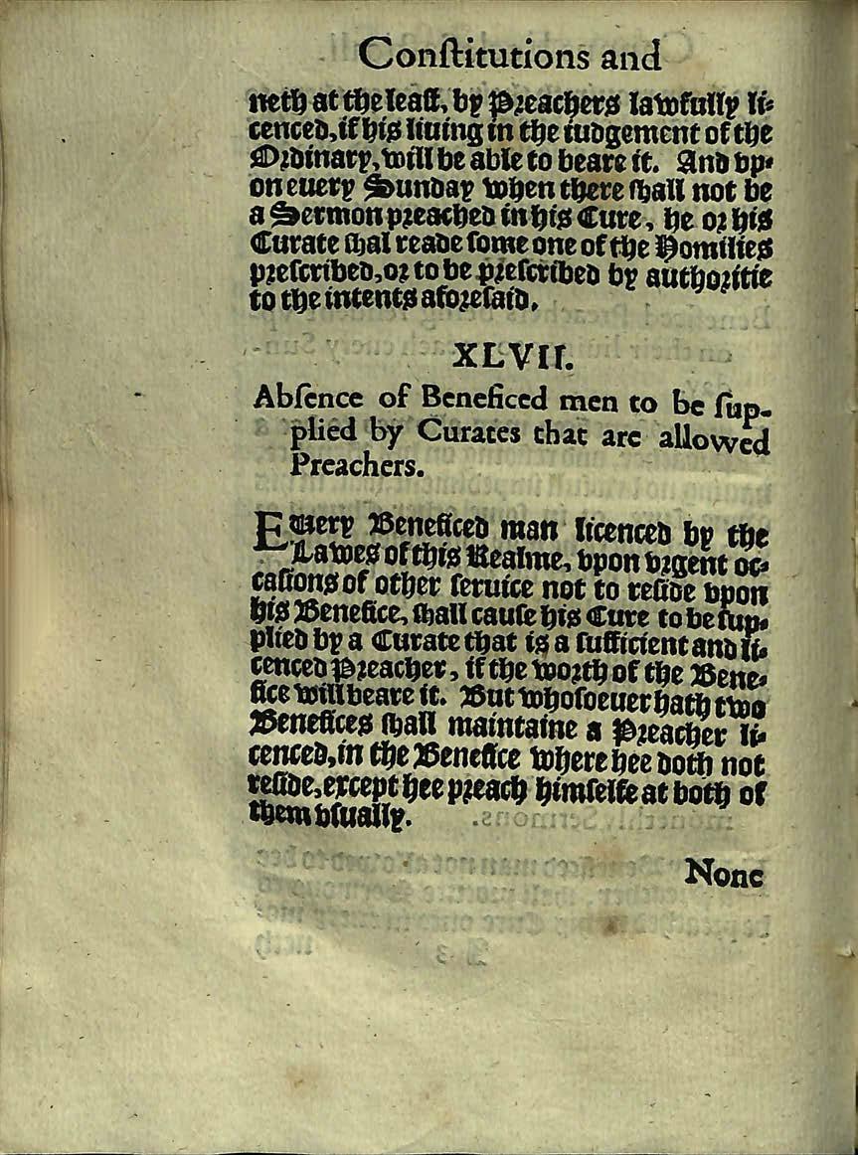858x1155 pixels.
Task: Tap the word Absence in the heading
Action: coord(294,401)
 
